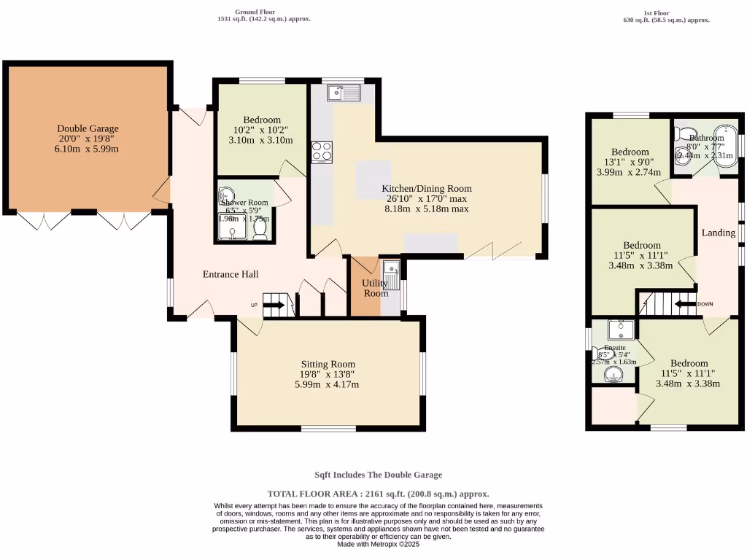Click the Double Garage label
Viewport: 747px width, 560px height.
[x=88, y=128]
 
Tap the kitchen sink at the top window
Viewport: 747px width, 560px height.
[x=344, y=93]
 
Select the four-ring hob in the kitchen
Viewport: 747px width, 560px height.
[x=322, y=152]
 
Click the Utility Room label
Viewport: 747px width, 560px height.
[x=376, y=287]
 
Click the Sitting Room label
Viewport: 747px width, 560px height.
[x=328, y=364]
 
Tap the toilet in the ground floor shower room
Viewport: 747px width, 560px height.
[x=260, y=228]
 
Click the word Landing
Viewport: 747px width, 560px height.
[x=718, y=233]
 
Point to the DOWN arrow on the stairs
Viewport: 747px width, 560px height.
[x=686, y=304]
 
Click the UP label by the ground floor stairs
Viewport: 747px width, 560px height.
[x=255, y=305]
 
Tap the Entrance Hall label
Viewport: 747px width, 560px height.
[x=231, y=274]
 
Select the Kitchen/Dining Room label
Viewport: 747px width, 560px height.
[x=427, y=188]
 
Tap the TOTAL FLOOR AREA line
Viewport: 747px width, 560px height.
[x=378, y=494]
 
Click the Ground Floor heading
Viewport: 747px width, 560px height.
[x=254, y=12]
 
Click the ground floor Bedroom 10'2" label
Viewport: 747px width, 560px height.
[x=262, y=120]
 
